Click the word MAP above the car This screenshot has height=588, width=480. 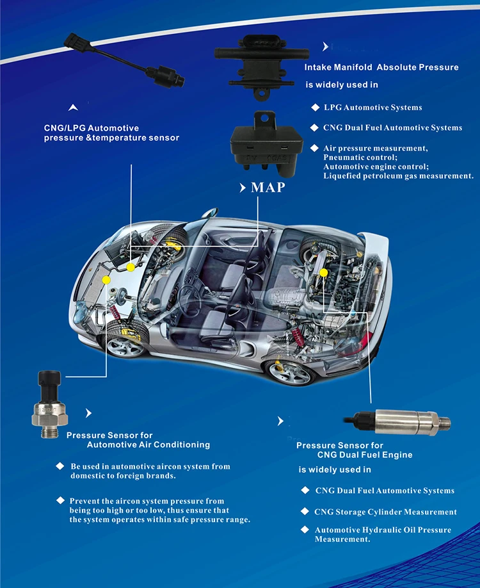pyautogui.click(x=268, y=187)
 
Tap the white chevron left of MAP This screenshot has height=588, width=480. pyautogui.click(x=243, y=188)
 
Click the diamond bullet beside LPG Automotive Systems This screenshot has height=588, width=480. pyautogui.click(x=315, y=107)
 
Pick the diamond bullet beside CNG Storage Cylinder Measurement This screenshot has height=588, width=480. pyautogui.click(x=305, y=512)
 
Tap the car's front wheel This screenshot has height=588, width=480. pyautogui.click(x=125, y=342)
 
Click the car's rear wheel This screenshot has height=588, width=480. pyautogui.click(x=291, y=372)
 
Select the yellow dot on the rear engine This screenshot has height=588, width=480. pyautogui.click(x=323, y=273)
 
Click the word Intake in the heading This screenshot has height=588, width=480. pyautogui.click(x=317, y=67)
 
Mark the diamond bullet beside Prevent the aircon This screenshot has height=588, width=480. pyautogui.click(x=60, y=500)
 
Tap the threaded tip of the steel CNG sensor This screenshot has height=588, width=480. pyautogui.click(x=445, y=423)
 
